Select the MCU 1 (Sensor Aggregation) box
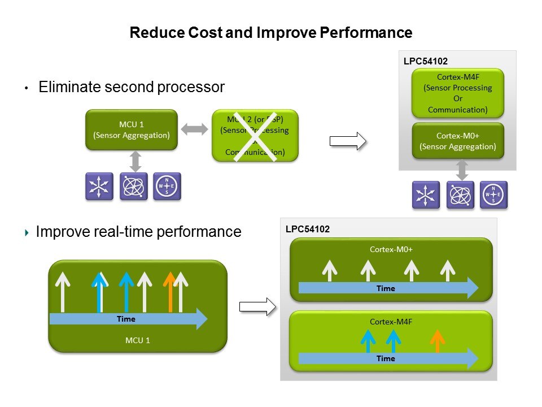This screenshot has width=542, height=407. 132,129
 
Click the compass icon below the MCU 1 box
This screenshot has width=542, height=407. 167,186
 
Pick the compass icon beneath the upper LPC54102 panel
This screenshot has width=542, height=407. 494,195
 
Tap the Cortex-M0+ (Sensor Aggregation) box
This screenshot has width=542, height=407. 457,141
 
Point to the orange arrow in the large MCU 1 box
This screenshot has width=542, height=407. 169,291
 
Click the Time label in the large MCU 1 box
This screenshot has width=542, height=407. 126,319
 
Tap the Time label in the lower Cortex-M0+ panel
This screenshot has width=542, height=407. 386,288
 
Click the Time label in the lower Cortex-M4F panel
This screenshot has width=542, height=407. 386,358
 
